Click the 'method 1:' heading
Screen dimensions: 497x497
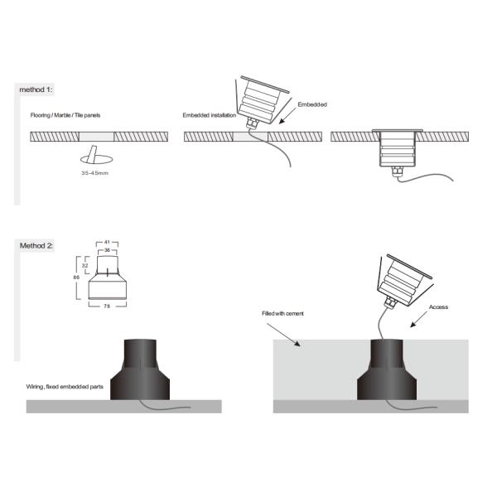tap(36, 88)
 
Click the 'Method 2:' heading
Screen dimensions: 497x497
tap(37, 246)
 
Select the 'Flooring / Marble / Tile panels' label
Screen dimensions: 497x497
tap(65, 115)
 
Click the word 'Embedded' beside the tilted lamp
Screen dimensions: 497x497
tap(312, 104)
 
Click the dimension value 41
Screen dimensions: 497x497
tap(108, 242)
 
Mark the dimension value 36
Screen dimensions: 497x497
tap(108, 249)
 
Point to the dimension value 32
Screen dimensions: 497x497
tap(84, 266)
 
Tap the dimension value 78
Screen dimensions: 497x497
tap(109, 308)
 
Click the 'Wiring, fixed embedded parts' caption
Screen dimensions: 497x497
tap(63, 388)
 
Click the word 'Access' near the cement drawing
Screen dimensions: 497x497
tap(439, 307)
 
